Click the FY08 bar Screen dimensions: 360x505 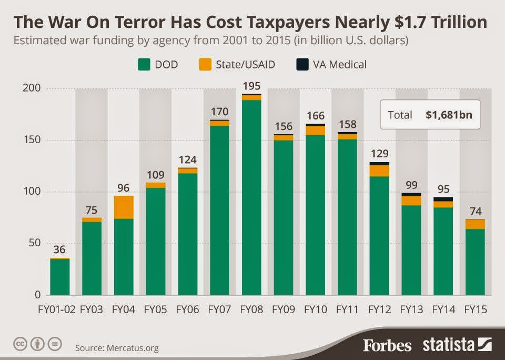click(x=251, y=197)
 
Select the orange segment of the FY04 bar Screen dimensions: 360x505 click(x=124, y=207)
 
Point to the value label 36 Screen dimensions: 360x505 click(x=59, y=250)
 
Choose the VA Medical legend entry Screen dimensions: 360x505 click(x=331, y=65)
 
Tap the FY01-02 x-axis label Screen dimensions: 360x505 click(x=59, y=309)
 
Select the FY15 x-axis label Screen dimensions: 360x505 click(x=475, y=309)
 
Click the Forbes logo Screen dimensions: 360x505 click(x=387, y=345)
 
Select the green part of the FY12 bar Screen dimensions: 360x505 click(x=379, y=235)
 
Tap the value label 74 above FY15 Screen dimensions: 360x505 click(x=475, y=211)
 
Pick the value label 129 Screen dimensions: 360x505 click(x=379, y=154)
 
